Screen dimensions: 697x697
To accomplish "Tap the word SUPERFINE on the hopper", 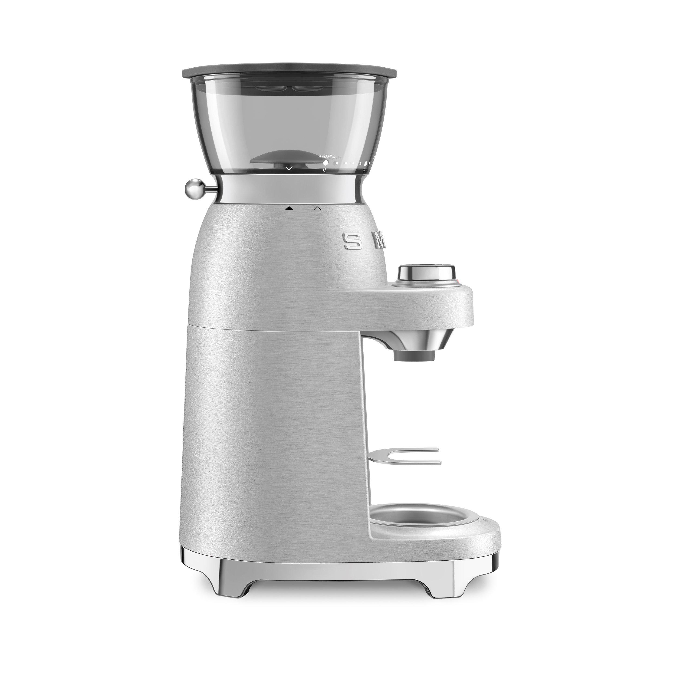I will tap(326, 156).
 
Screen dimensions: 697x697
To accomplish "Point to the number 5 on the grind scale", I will tap(364, 171).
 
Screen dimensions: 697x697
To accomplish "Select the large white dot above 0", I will tap(326, 163).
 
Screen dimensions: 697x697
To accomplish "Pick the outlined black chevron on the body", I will tap(317, 208).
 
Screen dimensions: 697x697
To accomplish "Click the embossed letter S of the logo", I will tap(351, 240).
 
